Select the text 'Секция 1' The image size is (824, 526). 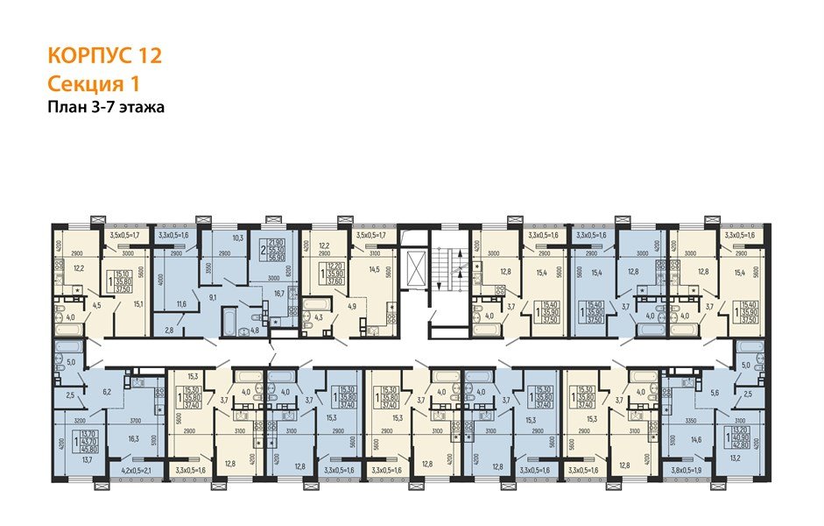click(92, 84)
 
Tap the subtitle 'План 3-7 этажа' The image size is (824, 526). click(106, 108)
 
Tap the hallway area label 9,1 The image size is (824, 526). click(214, 297)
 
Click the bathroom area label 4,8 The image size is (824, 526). click(245, 331)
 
